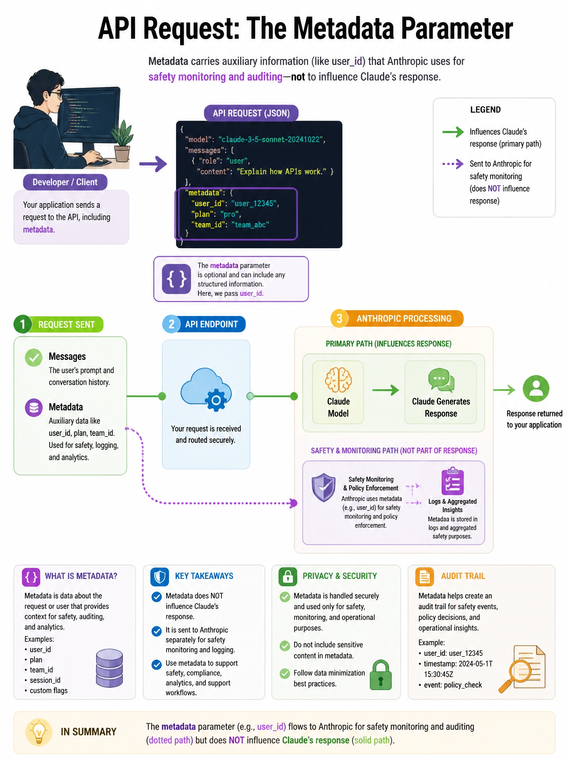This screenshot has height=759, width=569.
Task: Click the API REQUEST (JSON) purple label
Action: (251, 113)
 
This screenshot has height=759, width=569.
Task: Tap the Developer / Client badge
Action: (65, 182)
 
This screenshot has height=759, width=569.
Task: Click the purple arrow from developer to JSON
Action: (153, 164)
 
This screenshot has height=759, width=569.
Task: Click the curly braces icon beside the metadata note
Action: (176, 279)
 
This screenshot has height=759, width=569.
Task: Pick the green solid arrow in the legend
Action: (453, 132)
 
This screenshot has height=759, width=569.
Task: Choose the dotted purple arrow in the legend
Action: (453, 164)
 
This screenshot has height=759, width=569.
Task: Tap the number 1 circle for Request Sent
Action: (23, 324)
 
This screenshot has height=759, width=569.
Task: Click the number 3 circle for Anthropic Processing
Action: (339, 318)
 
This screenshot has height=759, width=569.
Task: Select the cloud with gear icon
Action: (206, 390)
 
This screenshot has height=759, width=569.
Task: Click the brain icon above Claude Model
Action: (338, 379)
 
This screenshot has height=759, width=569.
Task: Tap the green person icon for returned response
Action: (536, 388)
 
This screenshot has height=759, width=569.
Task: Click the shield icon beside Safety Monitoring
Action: (324, 487)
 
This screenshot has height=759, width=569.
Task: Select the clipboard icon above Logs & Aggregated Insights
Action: (452, 481)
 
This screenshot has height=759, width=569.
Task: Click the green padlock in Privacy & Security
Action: (380, 675)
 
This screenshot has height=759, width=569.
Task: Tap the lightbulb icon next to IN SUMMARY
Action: (39, 732)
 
